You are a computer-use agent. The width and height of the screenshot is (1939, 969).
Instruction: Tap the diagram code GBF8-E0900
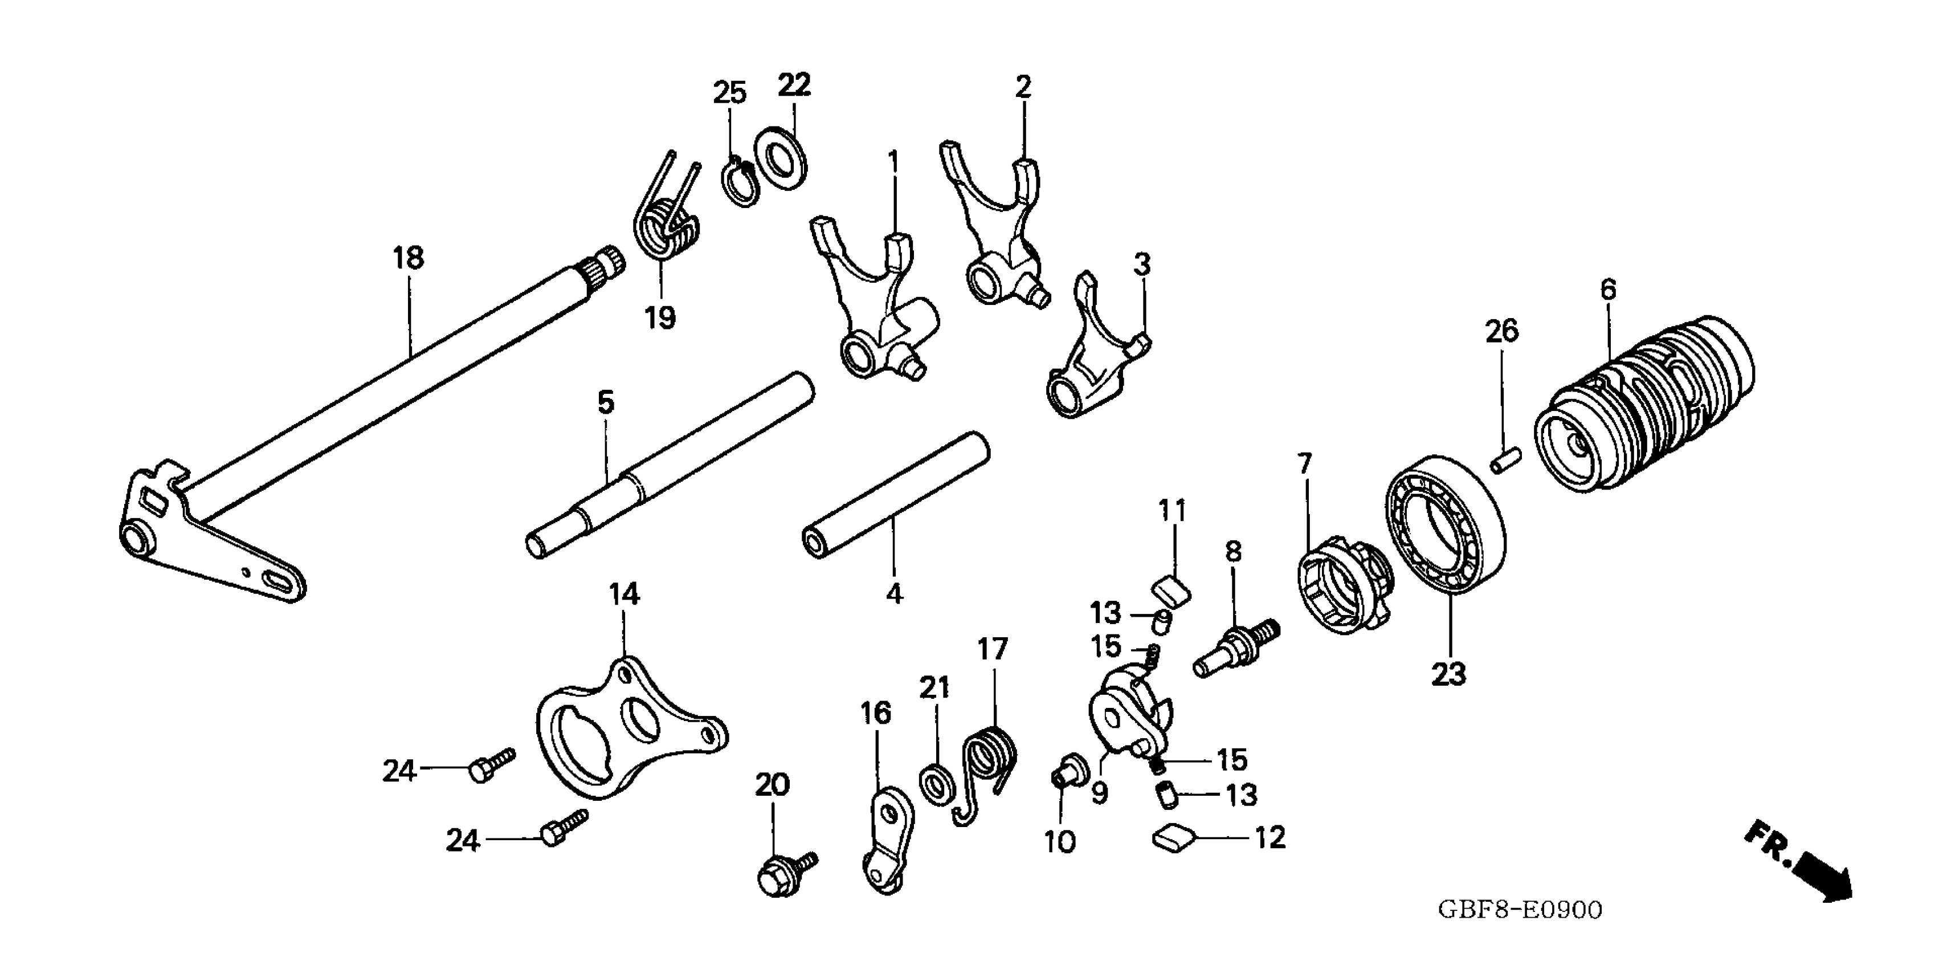(1521, 910)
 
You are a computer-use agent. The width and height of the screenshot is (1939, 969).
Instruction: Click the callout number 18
(409, 258)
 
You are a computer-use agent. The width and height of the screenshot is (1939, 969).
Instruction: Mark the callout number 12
(1270, 837)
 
